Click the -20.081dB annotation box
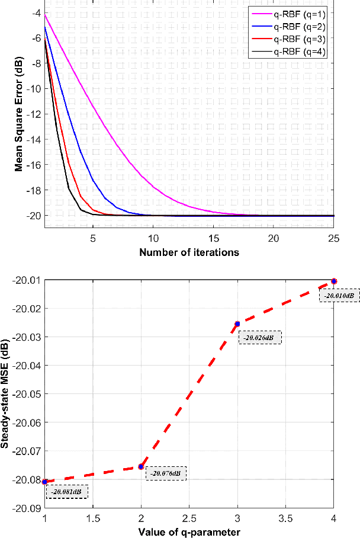pos(67,491)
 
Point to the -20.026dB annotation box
pos(260,337)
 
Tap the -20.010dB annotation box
pos(339,294)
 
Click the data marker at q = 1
pos(45,481)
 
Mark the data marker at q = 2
pos(141,467)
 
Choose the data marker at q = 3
pos(237,324)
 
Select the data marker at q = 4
pos(334,281)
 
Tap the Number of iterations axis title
pos(189,252)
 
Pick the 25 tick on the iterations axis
pos(333,238)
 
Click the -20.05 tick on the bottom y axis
pos(28,393)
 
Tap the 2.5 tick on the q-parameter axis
pos(189,518)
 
